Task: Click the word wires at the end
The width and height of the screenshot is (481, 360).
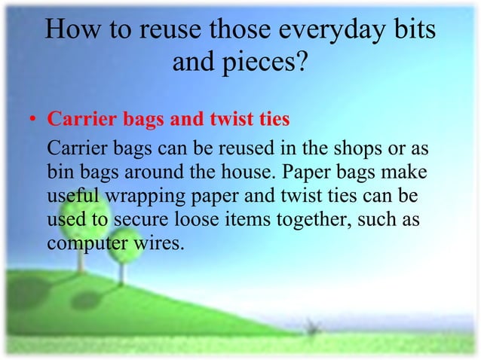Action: click(x=158, y=245)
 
